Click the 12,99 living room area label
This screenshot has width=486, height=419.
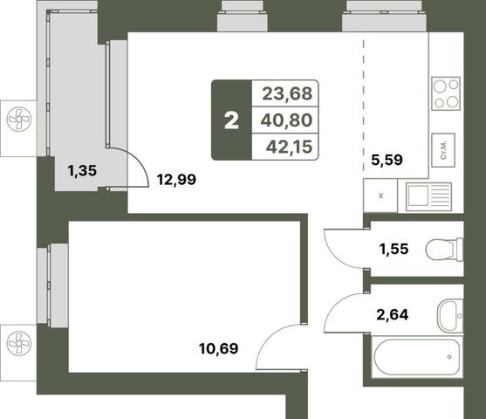point(176,180)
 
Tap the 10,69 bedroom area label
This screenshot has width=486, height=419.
point(219,348)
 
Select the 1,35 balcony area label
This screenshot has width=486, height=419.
point(82,170)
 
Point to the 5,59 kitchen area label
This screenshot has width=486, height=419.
point(387,160)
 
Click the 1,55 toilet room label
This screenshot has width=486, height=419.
point(394,249)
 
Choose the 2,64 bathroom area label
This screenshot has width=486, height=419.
point(393,315)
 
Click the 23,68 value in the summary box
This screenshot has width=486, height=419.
point(287,93)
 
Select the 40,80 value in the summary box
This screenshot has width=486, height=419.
point(286,120)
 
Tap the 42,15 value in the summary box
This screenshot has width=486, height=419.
point(289,147)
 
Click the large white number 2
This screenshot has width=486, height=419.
point(231,120)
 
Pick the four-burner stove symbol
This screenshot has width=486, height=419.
point(446,93)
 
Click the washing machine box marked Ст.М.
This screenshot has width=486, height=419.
point(443,150)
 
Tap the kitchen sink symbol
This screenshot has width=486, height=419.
point(428,196)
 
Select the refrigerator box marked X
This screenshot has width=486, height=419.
point(380,196)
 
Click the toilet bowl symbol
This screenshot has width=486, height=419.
point(444,249)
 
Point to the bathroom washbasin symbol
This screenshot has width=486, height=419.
point(450,316)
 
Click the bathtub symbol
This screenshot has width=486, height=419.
point(417,357)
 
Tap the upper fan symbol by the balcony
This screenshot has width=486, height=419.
point(19,118)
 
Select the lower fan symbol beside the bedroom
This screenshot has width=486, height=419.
point(19,343)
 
